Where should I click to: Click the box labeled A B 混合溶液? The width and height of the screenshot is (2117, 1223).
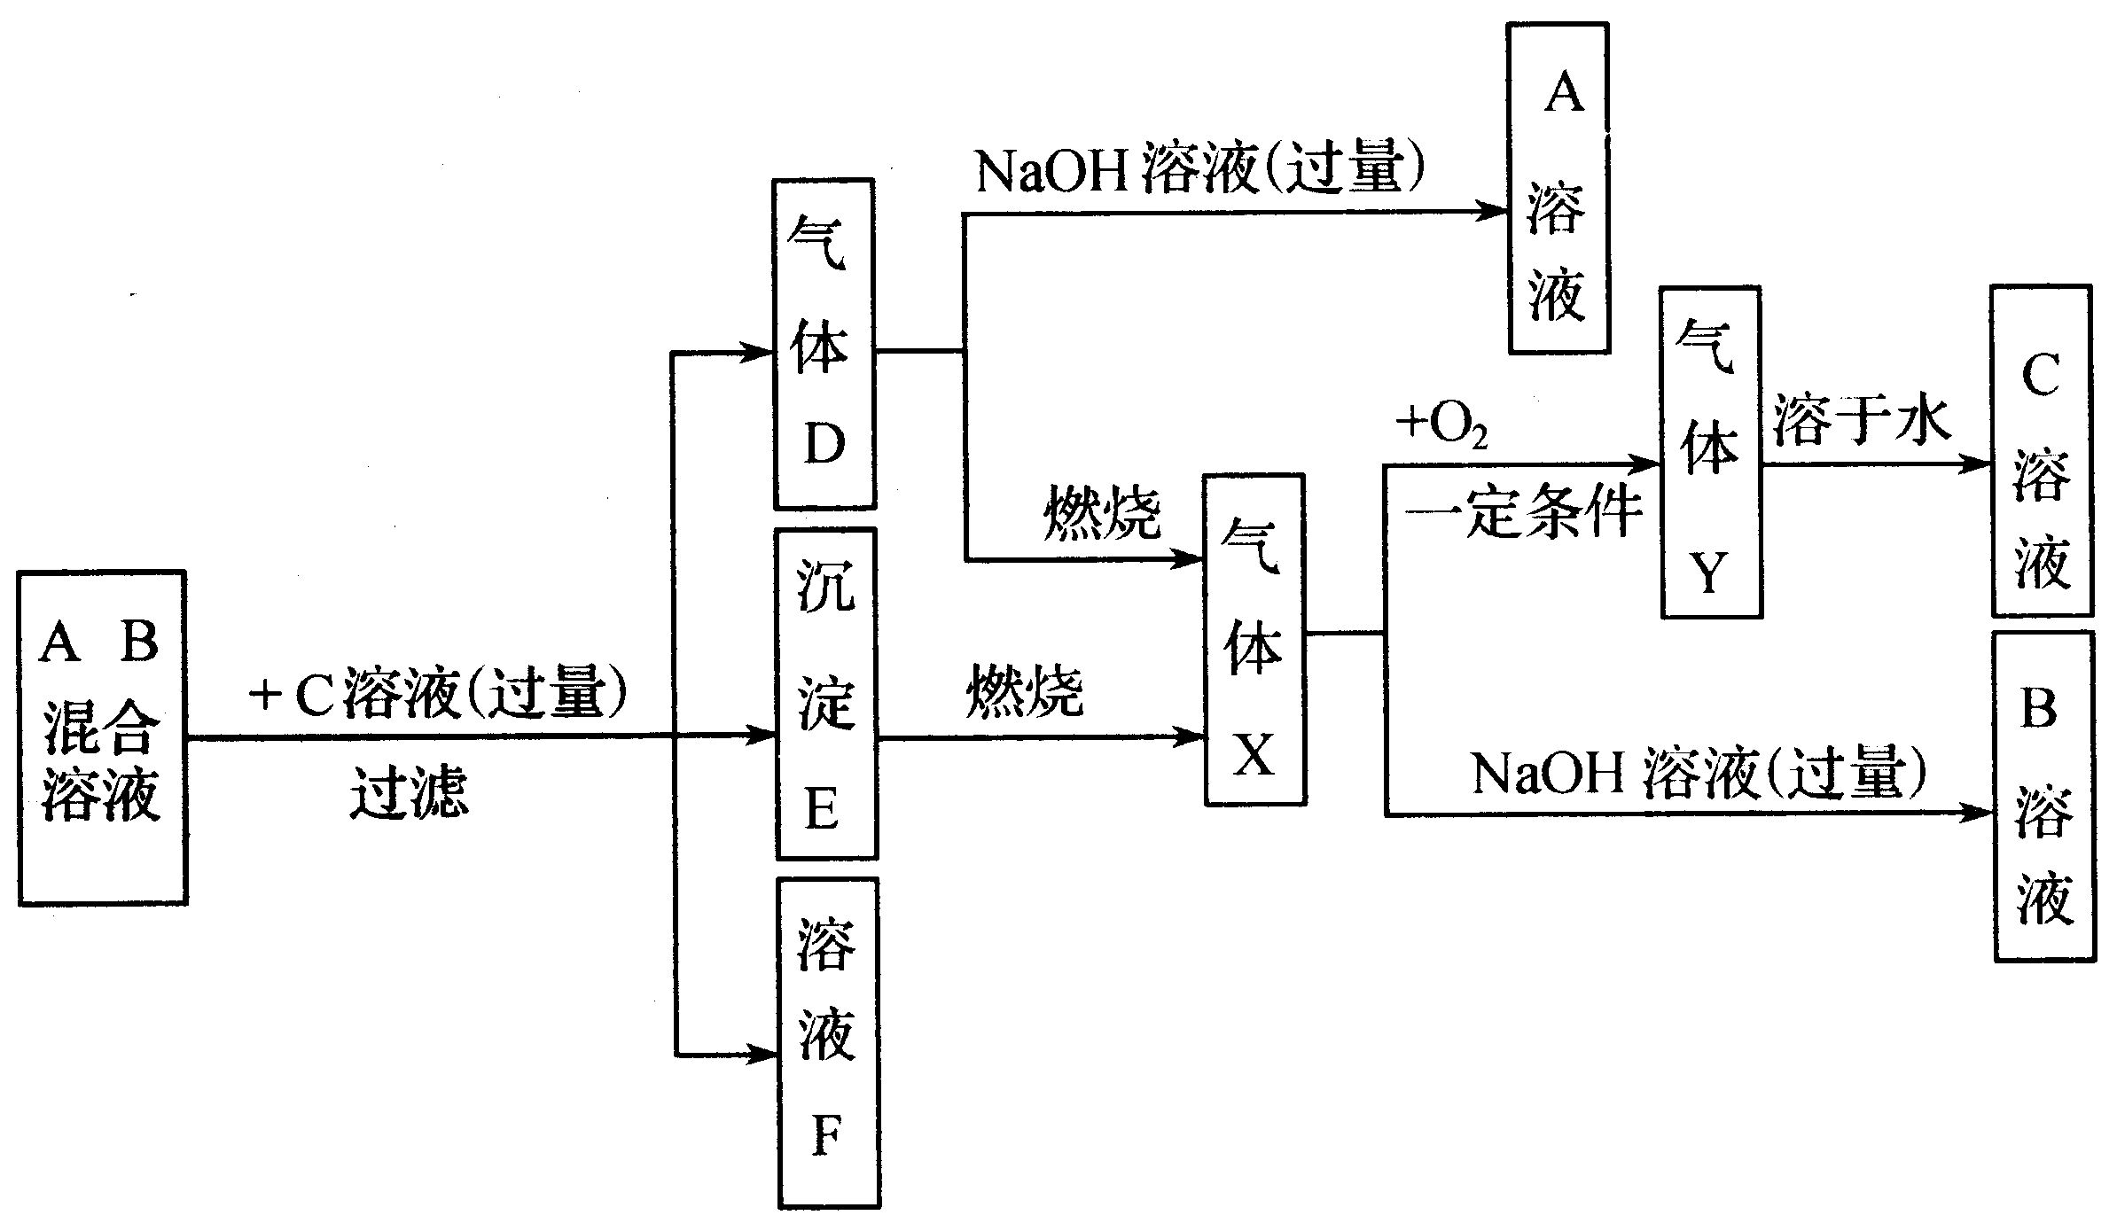[102, 737]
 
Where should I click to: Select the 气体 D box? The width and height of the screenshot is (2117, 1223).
[824, 344]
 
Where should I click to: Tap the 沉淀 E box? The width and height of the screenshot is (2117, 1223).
[826, 694]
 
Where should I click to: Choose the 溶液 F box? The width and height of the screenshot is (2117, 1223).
[828, 1042]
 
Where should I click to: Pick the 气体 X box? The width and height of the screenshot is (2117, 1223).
[1254, 639]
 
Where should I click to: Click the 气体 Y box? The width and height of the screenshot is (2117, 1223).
[1710, 452]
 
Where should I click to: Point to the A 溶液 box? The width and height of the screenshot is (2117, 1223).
[1558, 189]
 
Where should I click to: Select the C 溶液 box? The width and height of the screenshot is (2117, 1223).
[2041, 451]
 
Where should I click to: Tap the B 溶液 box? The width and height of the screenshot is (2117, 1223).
[2043, 796]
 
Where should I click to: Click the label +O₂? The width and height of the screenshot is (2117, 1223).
[1441, 426]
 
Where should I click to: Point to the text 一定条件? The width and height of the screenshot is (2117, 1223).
[1523, 513]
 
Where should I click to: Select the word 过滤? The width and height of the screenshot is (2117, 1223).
[409, 791]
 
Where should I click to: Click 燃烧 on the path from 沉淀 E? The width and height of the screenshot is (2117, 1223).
[1024, 691]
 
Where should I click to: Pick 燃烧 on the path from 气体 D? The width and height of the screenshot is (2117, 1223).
[1102, 513]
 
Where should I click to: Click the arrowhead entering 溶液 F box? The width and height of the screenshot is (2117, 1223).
[764, 1055]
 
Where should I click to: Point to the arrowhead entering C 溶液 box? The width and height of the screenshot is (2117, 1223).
[1979, 464]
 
